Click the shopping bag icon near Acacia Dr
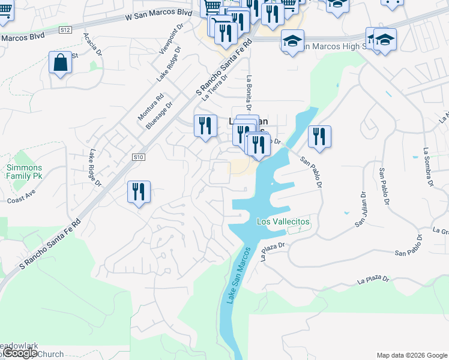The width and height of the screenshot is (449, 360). [x=61, y=63]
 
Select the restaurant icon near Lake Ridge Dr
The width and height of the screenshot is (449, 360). [x=139, y=192]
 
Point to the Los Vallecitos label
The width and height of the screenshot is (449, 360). [x=283, y=221]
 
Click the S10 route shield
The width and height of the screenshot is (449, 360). [x=139, y=157]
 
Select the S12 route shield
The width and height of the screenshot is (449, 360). [x=65, y=29]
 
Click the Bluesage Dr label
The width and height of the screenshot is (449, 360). [x=158, y=115]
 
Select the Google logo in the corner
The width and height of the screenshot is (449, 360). [x=19, y=353]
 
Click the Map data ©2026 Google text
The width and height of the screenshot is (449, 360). [x=411, y=355]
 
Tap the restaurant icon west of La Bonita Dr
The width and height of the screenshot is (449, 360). [x=205, y=126]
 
